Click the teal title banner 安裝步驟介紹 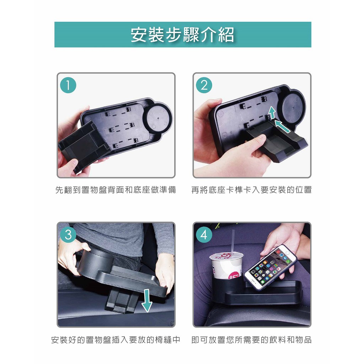(x=183, y=34)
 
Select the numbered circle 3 (x=68, y=235)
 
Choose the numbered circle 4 (x=204, y=235)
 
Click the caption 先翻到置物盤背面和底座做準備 (x=116, y=190)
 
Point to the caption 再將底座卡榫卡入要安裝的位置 (x=251, y=190)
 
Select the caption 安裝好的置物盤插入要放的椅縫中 (x=116, y=339)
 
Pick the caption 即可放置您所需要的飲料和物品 (x=251, y=339)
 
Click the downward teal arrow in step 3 (x=147, y=300)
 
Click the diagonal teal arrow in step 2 (x=283, y=125)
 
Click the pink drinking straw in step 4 (x=233, y=241)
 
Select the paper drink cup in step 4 (x=226, y=266)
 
